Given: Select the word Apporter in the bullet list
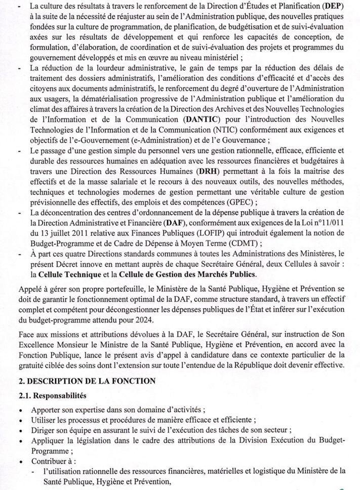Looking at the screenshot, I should coord(46,409).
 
